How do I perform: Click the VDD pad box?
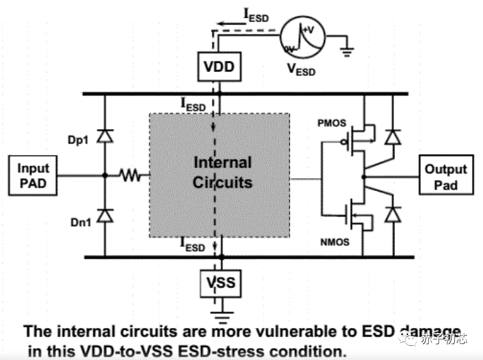[x=220, y=66]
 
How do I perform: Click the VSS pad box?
[x=220, y=283]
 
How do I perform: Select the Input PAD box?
[x=33, y=175]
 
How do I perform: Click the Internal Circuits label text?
[x=222, y=173]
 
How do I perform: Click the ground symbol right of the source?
[x=348, y=53]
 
